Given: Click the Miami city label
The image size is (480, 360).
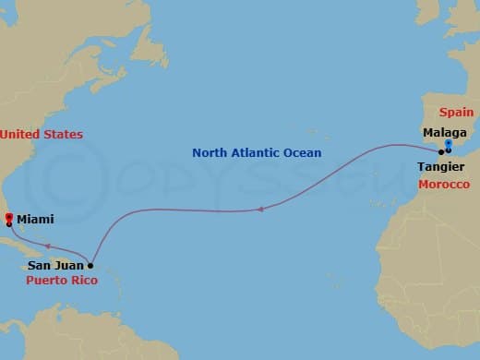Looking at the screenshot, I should click(35, 219).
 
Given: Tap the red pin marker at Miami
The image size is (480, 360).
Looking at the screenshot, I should click(8, 217).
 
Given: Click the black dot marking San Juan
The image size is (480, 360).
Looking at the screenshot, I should click(90, 265).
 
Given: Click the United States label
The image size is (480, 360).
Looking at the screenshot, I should click(42, 135).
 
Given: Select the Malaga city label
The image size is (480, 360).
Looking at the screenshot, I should click(443, 133).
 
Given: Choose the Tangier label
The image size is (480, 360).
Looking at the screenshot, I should click(441, 167).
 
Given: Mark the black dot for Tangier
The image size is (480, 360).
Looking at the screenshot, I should click(441, 151).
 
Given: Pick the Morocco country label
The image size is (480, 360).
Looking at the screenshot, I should click(443, 185).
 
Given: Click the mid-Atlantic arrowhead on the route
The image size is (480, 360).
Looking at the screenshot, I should click(260, 209).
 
